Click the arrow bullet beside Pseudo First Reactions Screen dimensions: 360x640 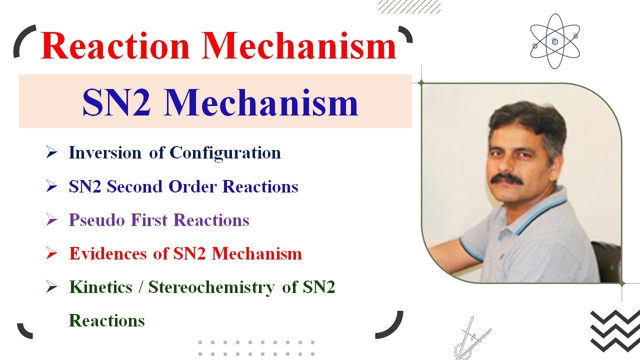click(51, 220)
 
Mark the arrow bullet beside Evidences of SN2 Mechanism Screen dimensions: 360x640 click(51, 254)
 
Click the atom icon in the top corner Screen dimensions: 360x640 click(554, 41)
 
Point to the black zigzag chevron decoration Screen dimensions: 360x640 click(614, 330)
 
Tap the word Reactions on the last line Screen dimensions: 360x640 click(106, 320)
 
